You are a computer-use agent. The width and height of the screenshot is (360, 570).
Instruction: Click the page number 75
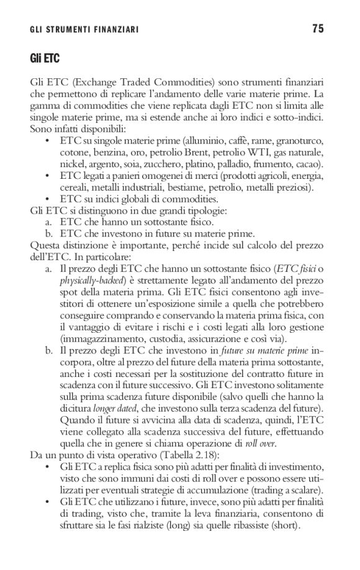(318, 29)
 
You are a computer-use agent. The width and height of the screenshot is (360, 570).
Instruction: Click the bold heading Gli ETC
(43, 58)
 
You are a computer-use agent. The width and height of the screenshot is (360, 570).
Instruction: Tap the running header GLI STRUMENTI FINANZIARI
(84, 29)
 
